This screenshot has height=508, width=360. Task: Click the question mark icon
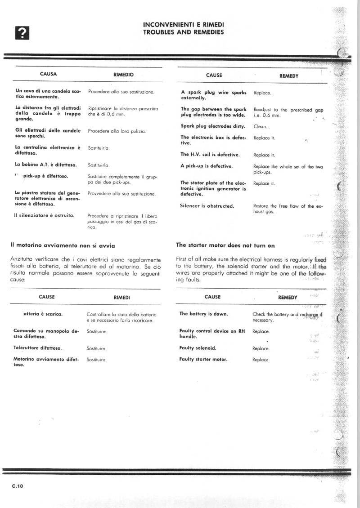[22, 32]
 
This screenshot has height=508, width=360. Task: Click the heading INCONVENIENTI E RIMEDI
[183, 24]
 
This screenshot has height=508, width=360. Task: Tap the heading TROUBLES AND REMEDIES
[183, 32]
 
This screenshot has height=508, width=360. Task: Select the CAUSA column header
[48, 74]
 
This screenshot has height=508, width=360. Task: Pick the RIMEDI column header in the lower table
[122, 297]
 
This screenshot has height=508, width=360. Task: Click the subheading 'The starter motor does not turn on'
[225, 245]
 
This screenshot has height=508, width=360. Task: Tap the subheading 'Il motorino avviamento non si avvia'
[63, 245]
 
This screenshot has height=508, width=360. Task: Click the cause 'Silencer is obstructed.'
[207, 206]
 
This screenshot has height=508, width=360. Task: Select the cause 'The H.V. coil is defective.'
[210, 155]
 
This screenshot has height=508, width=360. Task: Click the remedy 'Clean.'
[261, 127]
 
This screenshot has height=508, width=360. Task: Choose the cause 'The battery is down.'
[203, 314]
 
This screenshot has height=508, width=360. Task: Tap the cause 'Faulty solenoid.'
[198, 348]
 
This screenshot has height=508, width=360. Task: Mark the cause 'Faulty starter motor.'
[203, 359]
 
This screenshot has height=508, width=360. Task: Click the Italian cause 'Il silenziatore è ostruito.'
[44, 215]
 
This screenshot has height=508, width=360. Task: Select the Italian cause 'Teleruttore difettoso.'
[38, 348]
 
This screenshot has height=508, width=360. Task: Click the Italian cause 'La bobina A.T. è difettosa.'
[46, 165]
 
